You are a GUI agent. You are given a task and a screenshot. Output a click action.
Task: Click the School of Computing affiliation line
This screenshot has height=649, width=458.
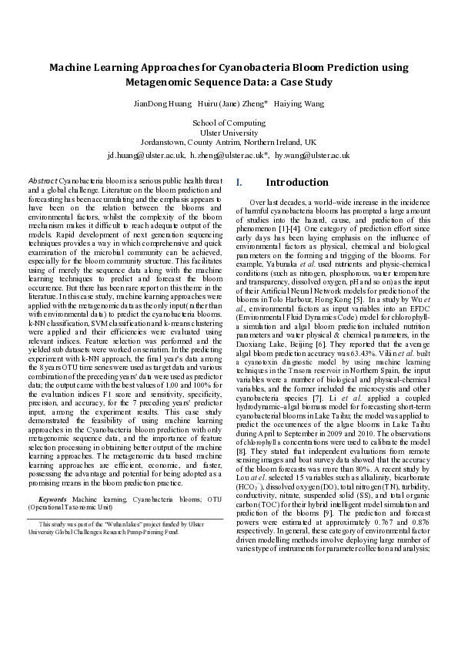point(229,123)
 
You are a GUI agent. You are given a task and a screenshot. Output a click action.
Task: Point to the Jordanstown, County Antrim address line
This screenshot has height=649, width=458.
point(229,142)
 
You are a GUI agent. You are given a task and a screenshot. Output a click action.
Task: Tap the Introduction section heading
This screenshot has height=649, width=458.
point(296,183)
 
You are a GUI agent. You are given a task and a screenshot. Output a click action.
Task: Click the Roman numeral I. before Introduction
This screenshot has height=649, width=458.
point(239,183)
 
